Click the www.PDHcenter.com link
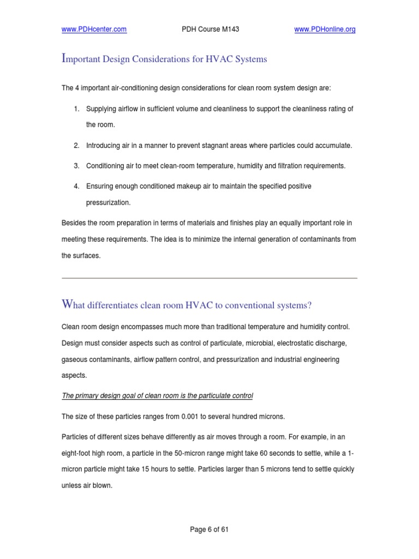(x=94, y=30)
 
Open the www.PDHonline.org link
(x=325, y=30)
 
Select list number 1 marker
(x=77, y=109)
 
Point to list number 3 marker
(x=77, y=165)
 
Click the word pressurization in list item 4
(x=109, y=202)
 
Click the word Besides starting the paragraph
(x=73, y=223)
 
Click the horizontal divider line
(x=209, y=278)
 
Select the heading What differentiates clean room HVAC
(x=187, y=305)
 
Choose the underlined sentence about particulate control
(x=157, y=395)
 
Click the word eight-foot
(x=77, y=454)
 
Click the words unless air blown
(x=87, y=485)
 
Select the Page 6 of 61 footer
(x=209, y=529)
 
